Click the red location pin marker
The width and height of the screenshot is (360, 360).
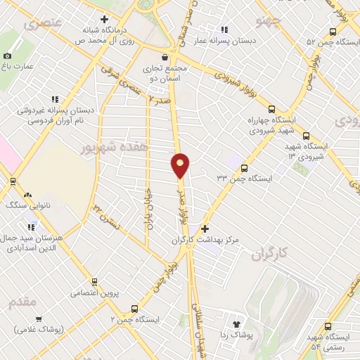(181, 165)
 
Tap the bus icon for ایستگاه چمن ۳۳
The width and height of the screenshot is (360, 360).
(244, 168)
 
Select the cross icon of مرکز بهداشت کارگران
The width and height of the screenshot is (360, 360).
(205, 229)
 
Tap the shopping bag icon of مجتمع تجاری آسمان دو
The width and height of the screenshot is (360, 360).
(165, 57)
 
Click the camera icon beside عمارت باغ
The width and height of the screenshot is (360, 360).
(8, 56)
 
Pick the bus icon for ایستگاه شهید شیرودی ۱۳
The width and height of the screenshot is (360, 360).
(305, 136)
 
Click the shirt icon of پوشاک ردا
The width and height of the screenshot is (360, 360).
(236, 324)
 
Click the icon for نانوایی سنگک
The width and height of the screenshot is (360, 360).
(27, 195)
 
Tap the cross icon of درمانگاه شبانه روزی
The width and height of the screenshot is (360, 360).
(105, 19)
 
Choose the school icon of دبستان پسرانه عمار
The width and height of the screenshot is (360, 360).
(224, 30)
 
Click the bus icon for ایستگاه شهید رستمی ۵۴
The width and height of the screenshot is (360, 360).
(328, 326)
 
